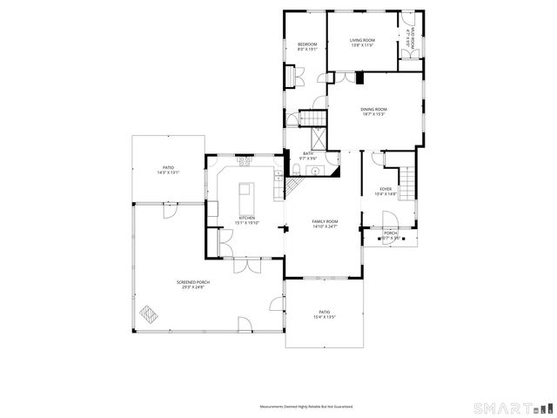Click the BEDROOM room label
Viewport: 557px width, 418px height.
307,44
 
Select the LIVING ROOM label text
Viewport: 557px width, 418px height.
362,40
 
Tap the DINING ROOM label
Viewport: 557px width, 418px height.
374,109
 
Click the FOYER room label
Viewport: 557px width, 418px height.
385,189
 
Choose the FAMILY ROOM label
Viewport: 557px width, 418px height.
325,222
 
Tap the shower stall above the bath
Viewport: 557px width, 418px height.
319,139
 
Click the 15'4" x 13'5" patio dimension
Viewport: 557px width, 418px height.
324,317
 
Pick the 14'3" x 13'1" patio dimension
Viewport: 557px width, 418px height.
168,172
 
